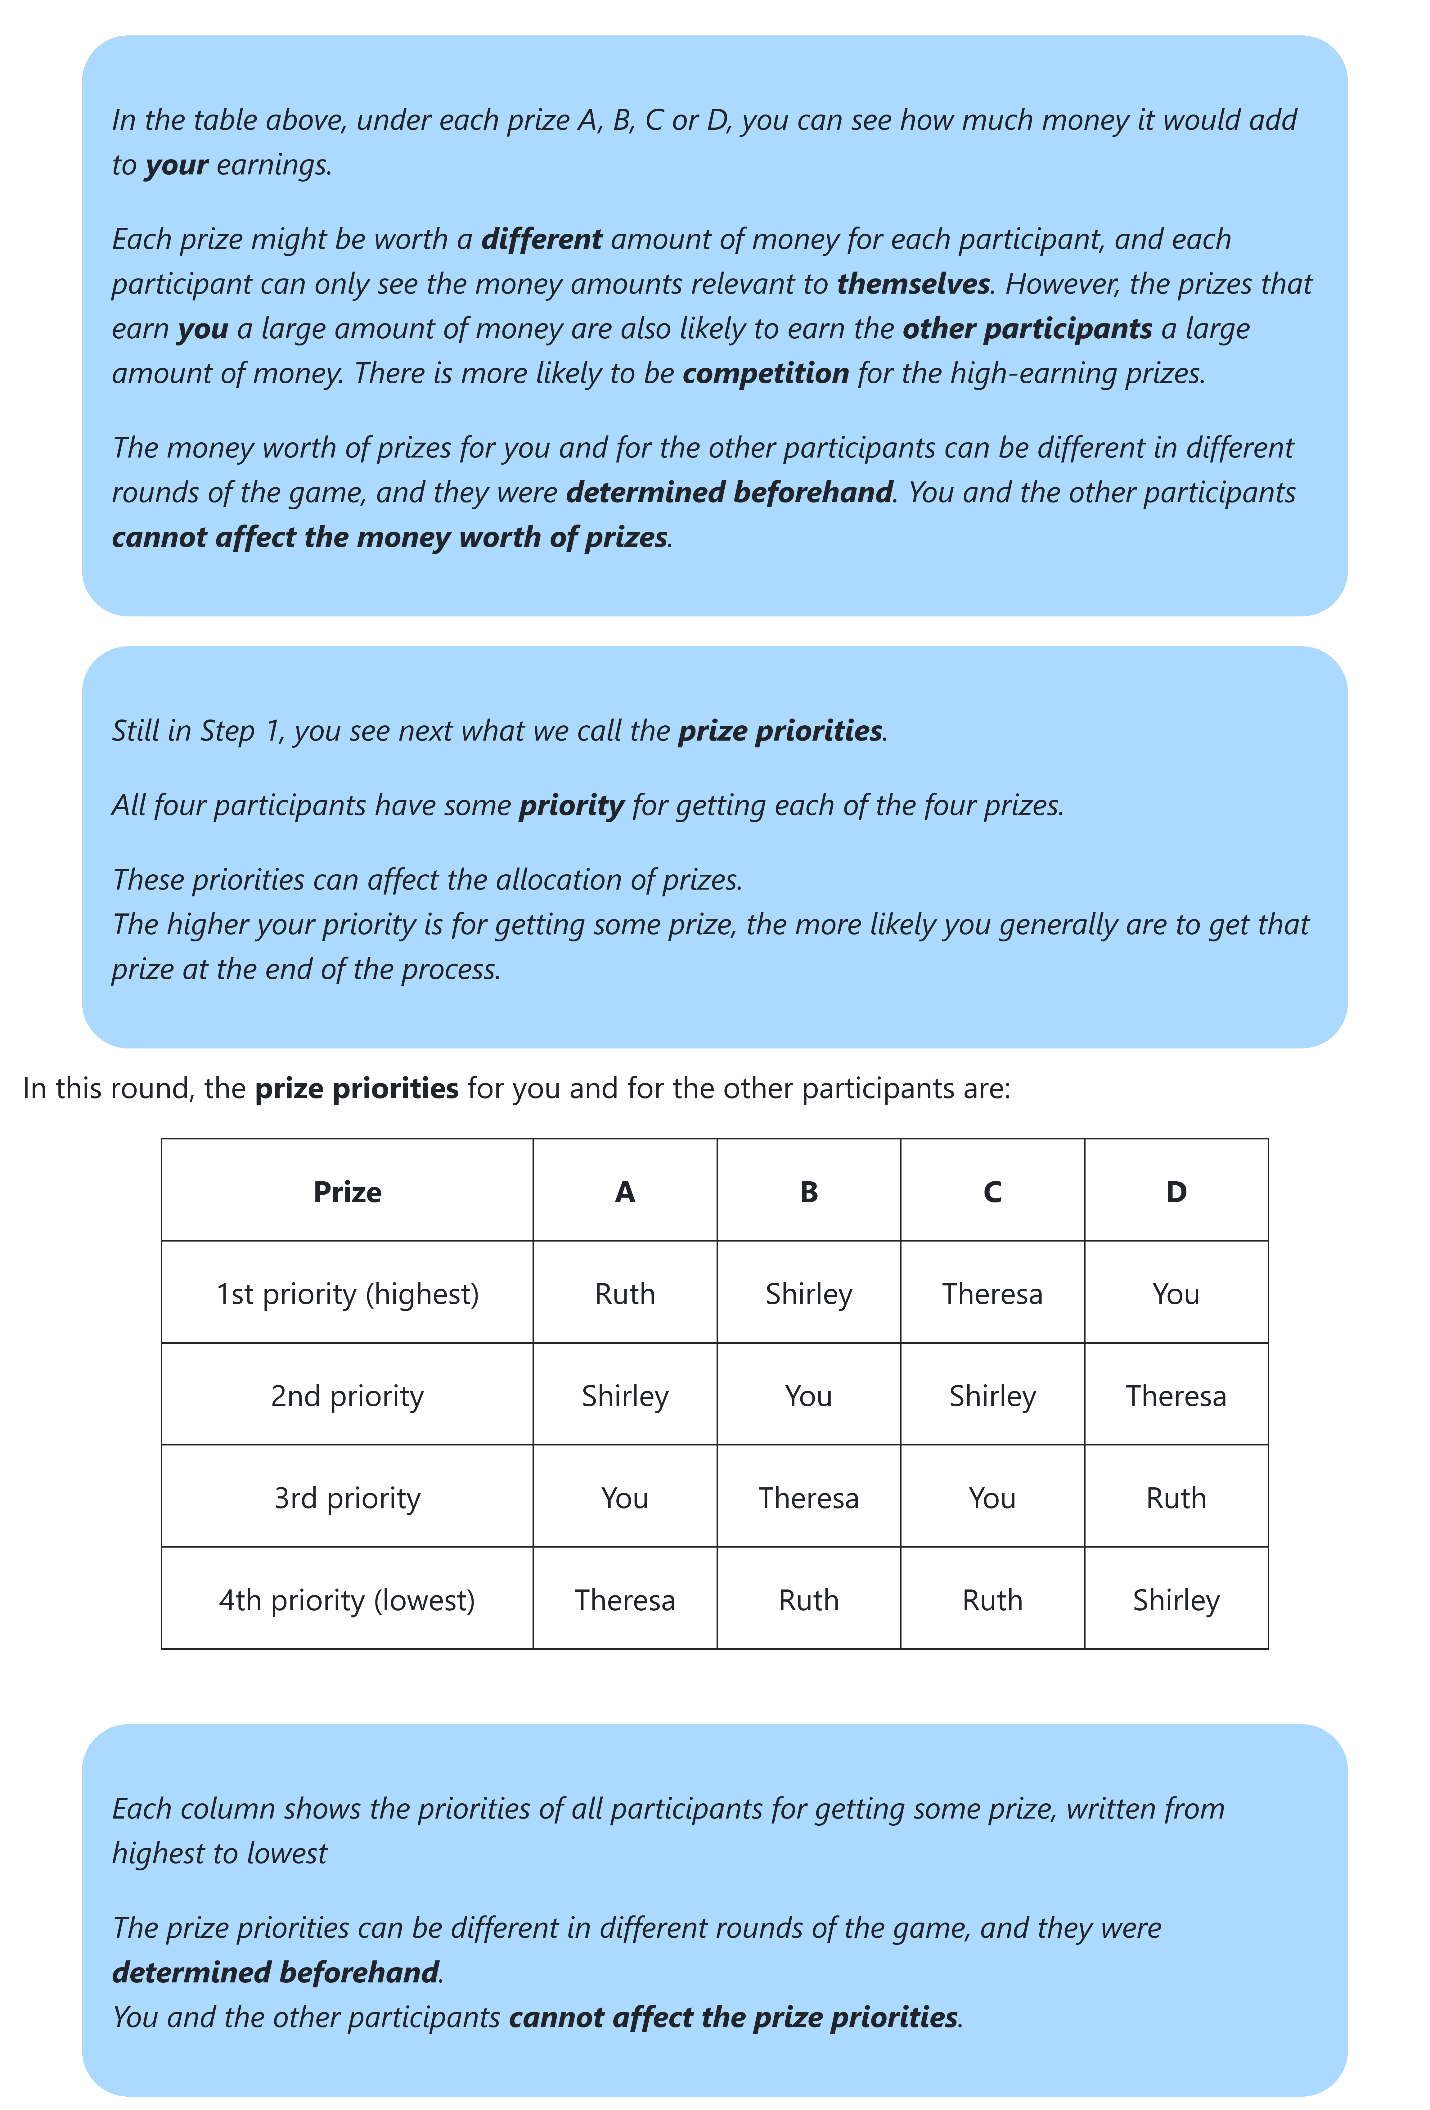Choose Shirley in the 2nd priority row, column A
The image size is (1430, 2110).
[x=625, y=1395]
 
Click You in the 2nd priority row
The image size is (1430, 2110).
[x=808, y=1395]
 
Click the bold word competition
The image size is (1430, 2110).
[x=765, y=373]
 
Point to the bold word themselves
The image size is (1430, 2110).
[x=912, y=284]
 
